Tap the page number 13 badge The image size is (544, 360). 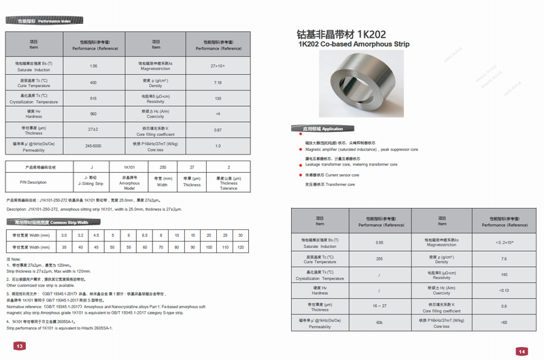[x=20, y=346]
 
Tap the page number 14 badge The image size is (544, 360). [x=522, y=351]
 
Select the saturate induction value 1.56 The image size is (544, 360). [x=93, y=66]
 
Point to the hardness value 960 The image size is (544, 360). [x=93, y=114]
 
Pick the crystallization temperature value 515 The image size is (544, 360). [x=93, y=99]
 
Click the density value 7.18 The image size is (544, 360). [x=218, y=82]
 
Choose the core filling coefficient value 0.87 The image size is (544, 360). [x=218, y=129]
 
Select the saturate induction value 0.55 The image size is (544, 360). [x=379, y=242]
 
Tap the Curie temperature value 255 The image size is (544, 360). [x=379, y=259]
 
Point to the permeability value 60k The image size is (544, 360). [x=379, y=323]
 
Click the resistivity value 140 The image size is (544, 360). [x=504, y=274]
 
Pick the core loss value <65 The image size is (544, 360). [x=504, y=323]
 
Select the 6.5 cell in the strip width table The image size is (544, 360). [x=144, y=235]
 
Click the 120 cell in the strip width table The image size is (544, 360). [x=240, y=247]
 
